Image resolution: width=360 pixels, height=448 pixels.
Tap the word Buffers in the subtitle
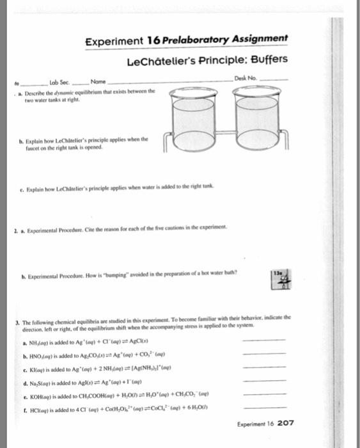coord(264,61)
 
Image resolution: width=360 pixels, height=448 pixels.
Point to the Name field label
coord(98,82)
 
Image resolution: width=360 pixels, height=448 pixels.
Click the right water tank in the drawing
coord(256,115)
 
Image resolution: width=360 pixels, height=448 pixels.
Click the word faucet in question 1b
coord(29,148)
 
